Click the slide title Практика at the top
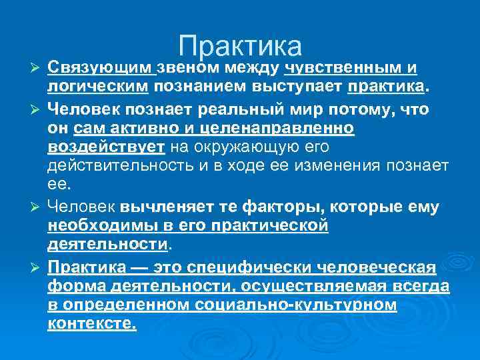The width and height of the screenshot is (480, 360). pos(240,45)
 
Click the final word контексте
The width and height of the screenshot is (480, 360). pos(92,324)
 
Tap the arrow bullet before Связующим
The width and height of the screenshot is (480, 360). pos(37,69)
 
